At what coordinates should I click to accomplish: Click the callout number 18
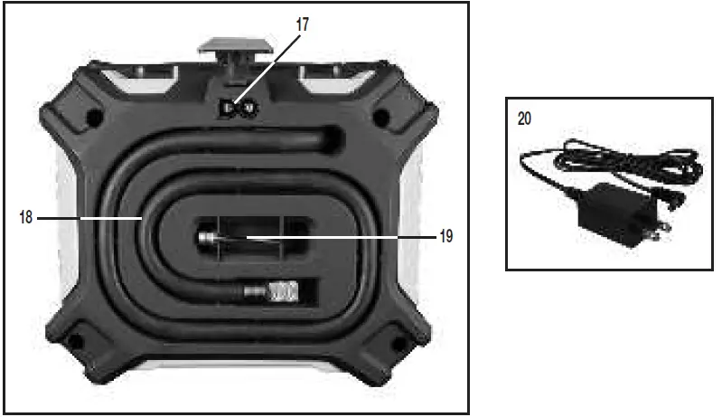pos(26,217)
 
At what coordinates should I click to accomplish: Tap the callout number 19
pos(446,236)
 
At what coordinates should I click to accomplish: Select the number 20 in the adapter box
pos(524,118)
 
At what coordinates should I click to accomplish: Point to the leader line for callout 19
pos(342,237)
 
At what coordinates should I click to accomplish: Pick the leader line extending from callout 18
pos(89,217)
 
